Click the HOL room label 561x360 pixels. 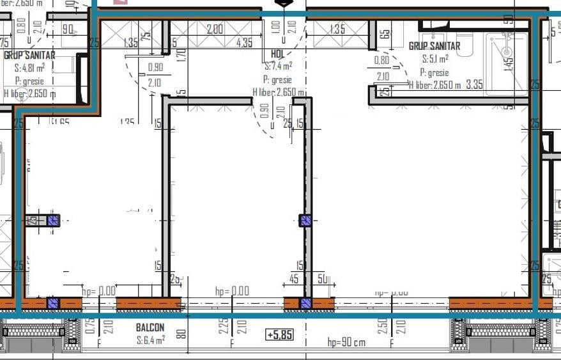pos(278,55)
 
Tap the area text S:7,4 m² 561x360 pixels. pos(279,66)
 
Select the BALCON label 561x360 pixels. pos(150,328)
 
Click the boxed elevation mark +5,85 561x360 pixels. pos(280,334)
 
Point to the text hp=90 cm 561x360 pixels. pos(346,342)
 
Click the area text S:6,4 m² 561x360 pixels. pos(151,340)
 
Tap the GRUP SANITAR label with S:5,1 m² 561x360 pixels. pos(434,47)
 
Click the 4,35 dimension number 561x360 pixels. pos(244,43)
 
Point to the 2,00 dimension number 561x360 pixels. pos(215,29)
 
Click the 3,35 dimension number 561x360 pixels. pos(474,84)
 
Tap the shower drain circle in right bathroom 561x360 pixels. pos(507,51)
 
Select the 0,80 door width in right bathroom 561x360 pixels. pos(381,61)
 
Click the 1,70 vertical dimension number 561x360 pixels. pos(181,55)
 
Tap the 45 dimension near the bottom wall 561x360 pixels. pos(294,279)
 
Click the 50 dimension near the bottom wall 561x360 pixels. pos(323,279)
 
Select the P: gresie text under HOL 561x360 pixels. pos(277,80)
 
